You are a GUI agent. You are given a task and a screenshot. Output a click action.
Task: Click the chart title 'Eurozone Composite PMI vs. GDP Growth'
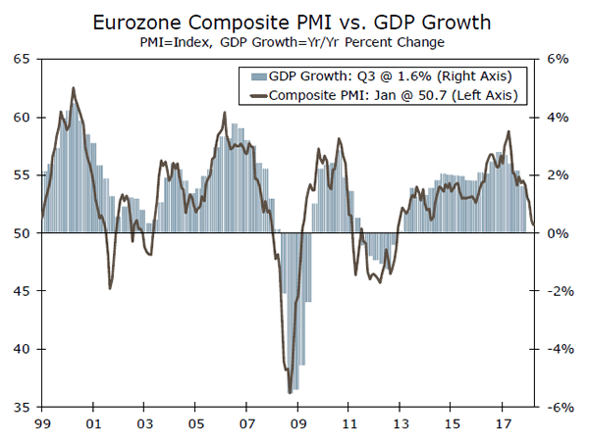point(294,22)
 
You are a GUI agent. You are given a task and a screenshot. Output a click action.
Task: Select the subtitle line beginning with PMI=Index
point(294,42)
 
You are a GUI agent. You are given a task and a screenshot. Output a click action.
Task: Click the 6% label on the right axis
point(557,59)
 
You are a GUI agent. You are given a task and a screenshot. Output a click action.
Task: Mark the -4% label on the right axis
point(555,349)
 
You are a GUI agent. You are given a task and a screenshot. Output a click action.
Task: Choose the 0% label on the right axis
point(557,233)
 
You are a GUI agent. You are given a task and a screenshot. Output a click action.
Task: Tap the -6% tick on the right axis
point(555,407)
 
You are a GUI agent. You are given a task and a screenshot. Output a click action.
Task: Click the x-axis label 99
point(42,424)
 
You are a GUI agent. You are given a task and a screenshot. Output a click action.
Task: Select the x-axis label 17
point(502,424)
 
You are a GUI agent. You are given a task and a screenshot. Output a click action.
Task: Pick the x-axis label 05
point(195,424)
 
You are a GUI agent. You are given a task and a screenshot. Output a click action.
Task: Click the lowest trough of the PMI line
point(290,392)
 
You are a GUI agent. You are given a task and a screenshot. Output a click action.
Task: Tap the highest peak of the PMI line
point(74,87)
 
